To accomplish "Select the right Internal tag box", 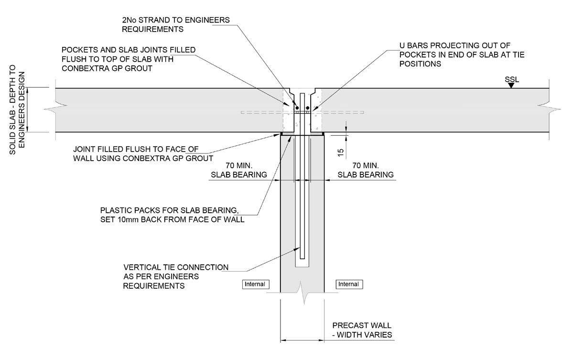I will click(x=348, y=284).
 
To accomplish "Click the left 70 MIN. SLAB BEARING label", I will click(x=238, y=170).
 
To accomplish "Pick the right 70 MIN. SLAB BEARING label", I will click(x=366, y=170).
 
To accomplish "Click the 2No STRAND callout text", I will click(x=176, y=24).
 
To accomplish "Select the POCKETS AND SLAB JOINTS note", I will click(x=129, y=59).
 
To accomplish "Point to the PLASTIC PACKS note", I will click(x=173, y=215).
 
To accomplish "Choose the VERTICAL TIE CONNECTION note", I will click(x=176, y=276).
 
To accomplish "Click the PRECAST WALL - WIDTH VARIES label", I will click(x=362, y=330).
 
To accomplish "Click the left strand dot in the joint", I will click(x=297, y=107).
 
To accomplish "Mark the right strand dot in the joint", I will click(x=308, y=107).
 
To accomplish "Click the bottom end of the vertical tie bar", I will click(x=302, y=258).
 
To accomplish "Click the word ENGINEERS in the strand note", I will click(x=206, y=20).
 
